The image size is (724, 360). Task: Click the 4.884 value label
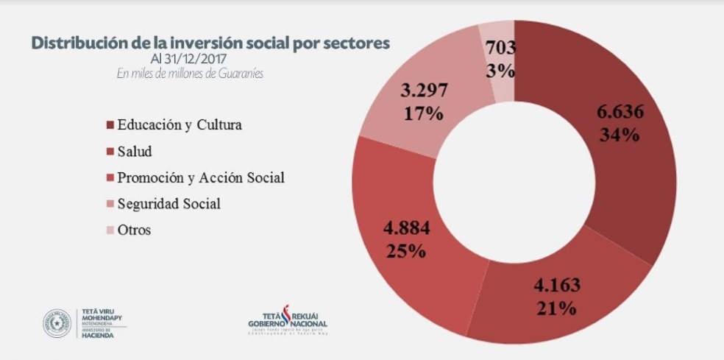point(406,227)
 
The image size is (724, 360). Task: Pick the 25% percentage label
point(405,250)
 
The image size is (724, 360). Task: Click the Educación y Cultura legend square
point(111,124)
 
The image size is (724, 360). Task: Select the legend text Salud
point(135,151)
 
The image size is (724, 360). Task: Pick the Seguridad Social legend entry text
point(168,204)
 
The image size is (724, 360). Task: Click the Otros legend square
point(111,230)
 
